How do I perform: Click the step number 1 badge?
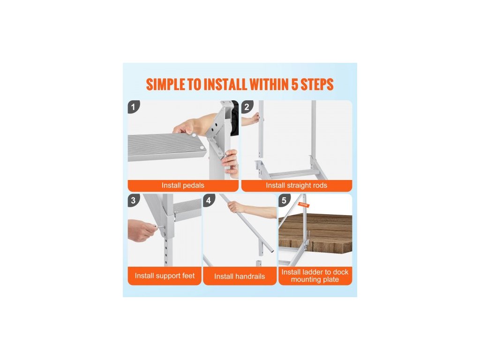tap(134, 107)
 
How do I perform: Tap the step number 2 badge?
tap(247, 107)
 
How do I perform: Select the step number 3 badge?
tap(134, 200)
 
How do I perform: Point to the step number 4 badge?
tap(209, 200)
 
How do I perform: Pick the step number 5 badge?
tap(284, 200)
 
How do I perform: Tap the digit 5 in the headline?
tap(294, 84)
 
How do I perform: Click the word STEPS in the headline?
tap(317, 84)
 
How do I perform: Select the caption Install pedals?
tap(183, 185)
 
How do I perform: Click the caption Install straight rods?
tap(296, 185)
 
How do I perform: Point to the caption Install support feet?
tap(165, 276)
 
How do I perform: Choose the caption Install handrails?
tap(240, 277)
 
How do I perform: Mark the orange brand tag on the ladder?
tap(304, 204)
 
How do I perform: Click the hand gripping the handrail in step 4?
tap(236, 207)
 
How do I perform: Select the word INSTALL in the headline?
tap(225, 84)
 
